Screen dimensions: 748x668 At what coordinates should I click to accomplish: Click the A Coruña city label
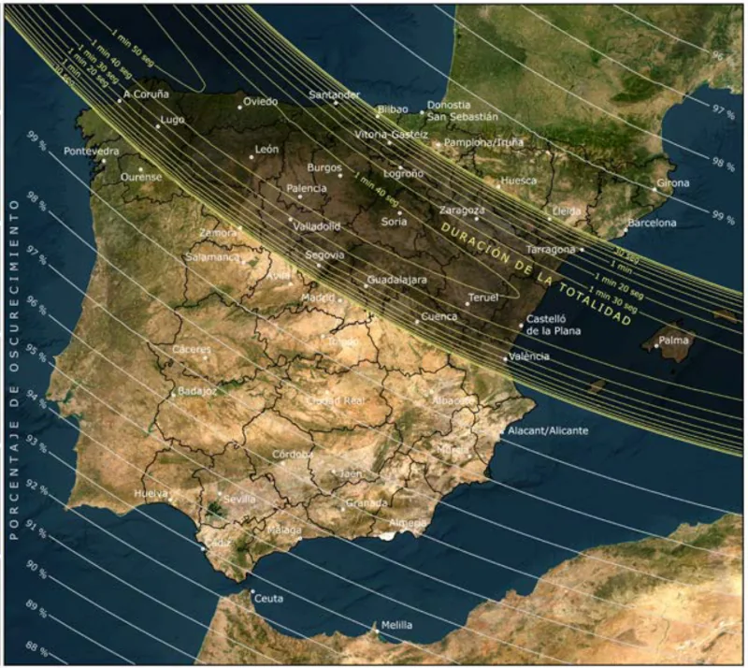tap(147, 94)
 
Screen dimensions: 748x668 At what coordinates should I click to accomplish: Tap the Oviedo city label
tap(261, 101)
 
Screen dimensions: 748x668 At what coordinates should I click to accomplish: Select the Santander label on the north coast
tap(334, 94)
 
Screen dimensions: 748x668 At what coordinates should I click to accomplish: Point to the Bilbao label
tap(393, 109)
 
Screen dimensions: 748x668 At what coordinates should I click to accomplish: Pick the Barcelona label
tap(652, 223)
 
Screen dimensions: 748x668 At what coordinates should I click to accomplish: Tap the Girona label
tap(673, 183)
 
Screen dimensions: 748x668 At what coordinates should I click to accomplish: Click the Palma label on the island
tap(673, 341)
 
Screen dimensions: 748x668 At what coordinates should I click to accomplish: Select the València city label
tap(529, 356)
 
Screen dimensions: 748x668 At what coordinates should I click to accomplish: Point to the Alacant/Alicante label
tap(548, 430)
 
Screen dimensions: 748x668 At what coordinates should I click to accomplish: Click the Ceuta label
tap(268, 599)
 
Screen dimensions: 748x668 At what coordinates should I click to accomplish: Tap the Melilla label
tap(396, 626)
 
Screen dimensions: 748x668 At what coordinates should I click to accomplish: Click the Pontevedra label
tap(92, 151)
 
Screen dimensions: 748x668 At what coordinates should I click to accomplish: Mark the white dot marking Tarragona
tap(582, 249)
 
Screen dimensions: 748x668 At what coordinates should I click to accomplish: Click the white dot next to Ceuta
tap(252, 591)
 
